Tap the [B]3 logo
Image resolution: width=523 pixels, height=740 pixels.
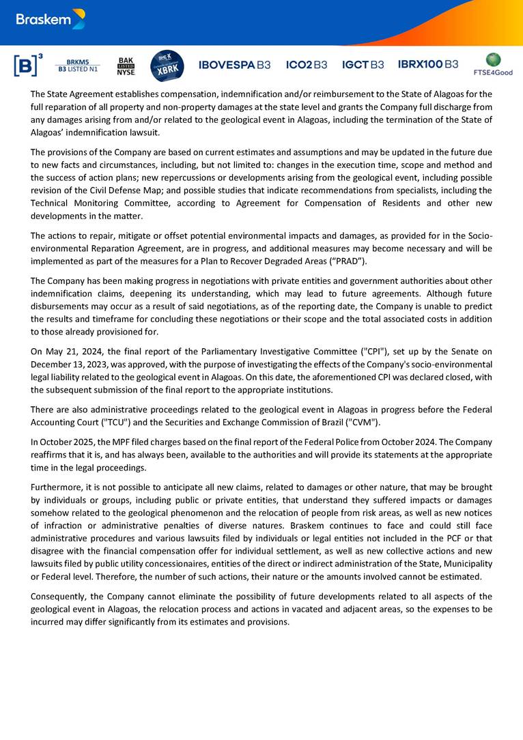coord(27,65)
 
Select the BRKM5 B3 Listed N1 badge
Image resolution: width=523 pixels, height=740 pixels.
coord(78,65)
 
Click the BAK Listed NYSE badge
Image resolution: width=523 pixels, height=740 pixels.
coord(126,66)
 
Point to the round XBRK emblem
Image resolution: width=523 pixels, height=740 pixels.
coord(167,66)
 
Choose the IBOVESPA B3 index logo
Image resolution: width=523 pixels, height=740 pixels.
coord(234,65)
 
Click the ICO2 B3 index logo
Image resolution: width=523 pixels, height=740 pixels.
coord(307,65)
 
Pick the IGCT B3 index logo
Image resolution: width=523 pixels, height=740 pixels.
coord(363,65)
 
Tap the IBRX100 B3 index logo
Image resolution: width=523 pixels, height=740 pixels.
coord(428,64)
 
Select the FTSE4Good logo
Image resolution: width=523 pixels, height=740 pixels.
coord(493,64)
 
